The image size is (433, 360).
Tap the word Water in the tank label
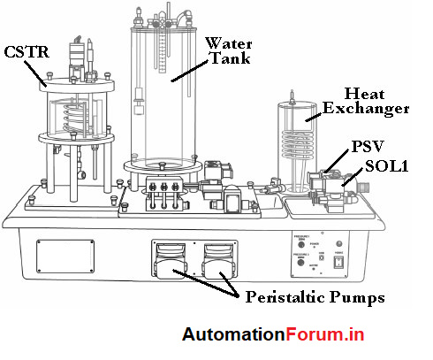coord(225,42)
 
